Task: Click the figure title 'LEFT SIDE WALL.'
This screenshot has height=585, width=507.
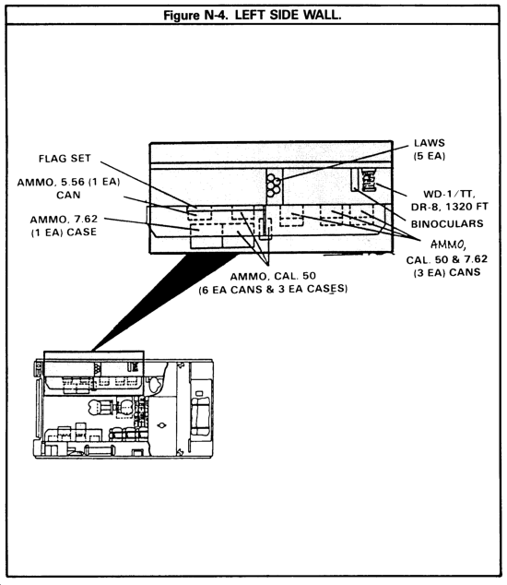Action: (x=289, y=16)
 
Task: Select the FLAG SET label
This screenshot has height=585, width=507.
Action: (x=65, y=159)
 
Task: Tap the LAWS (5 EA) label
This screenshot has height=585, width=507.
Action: (x=430, y=149)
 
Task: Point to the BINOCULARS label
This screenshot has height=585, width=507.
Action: (x=447, y=224)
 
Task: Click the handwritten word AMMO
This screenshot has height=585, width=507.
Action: (x=447, y=245)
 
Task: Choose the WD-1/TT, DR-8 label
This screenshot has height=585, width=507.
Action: (x=449, y=200)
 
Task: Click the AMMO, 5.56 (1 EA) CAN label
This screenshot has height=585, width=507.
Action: (x=68, y=188)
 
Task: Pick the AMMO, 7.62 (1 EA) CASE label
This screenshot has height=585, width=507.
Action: (x=64, y=225)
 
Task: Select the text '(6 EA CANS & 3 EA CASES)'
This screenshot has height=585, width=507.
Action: (x=273, y=290)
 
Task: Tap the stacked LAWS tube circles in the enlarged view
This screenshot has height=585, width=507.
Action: (x=273, y=185)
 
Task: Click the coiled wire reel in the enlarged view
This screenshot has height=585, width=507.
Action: (x=369, y=180)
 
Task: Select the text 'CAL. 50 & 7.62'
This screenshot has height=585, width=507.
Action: (x=446, y=259)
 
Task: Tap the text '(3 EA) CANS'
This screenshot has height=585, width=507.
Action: (x=446, y=272)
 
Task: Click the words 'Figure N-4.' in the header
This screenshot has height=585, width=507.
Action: (x=195, y=16)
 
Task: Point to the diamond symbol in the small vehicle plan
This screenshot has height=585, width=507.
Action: (x=162, y=425)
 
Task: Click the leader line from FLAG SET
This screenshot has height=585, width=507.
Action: (x=148, y=185)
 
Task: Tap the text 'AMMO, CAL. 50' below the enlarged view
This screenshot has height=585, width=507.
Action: (x=273, y=277)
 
